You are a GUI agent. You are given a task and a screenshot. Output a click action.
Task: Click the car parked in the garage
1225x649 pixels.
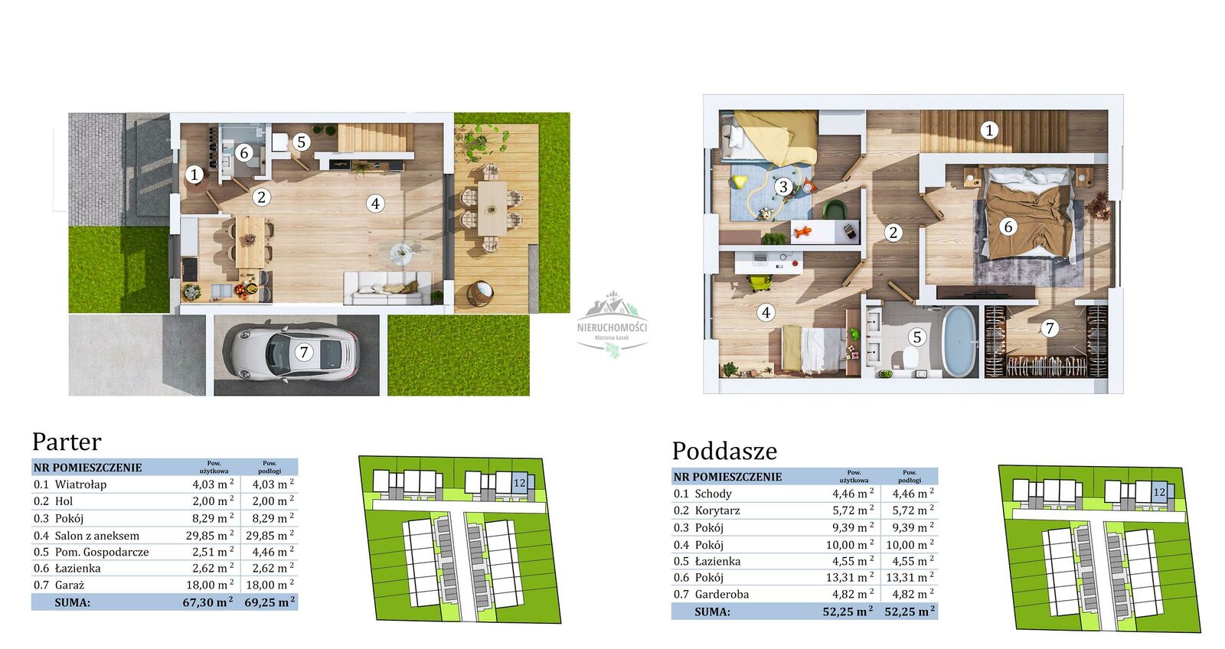tap(294, 351)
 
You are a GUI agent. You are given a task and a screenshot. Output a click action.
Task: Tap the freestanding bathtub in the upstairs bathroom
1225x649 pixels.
tap(959, 342)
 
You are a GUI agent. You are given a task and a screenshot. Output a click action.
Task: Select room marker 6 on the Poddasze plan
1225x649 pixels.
tap(1008, 226)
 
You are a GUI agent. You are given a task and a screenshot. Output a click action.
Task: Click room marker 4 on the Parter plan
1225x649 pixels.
tap(375, 204)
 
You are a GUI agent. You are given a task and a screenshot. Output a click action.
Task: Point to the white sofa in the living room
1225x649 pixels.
tap(387, 288)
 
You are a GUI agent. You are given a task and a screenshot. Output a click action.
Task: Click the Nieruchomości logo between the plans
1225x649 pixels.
tap(612, 324)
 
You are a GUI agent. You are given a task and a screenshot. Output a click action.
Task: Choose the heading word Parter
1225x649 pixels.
tap(67, 442)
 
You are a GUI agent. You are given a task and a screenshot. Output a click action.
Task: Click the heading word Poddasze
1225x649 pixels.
tap(724, 451)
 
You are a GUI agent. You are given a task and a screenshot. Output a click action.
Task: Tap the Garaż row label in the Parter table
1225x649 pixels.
tap(70, 585)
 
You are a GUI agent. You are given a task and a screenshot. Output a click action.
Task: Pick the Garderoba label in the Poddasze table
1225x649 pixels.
tap(722, 595)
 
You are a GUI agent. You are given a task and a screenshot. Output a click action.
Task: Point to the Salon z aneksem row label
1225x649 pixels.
tap(96, 536)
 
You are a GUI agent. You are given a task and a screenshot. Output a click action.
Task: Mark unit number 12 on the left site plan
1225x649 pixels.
tap(520, 483)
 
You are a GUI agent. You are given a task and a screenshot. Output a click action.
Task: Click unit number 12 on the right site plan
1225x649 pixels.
tap(1159, 492)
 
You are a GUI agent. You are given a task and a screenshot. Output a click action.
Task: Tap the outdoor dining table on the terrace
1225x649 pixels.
tap(492, 207)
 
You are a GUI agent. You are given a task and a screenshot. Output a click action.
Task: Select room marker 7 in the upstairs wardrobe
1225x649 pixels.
tap(1049, 328)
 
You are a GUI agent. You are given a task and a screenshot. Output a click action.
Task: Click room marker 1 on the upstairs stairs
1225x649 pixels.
tap(988, 130)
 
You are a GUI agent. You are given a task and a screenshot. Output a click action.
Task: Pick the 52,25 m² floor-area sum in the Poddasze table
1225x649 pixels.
tap(910, 611)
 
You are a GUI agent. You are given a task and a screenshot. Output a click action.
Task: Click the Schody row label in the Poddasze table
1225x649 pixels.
tap(713, 494)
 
